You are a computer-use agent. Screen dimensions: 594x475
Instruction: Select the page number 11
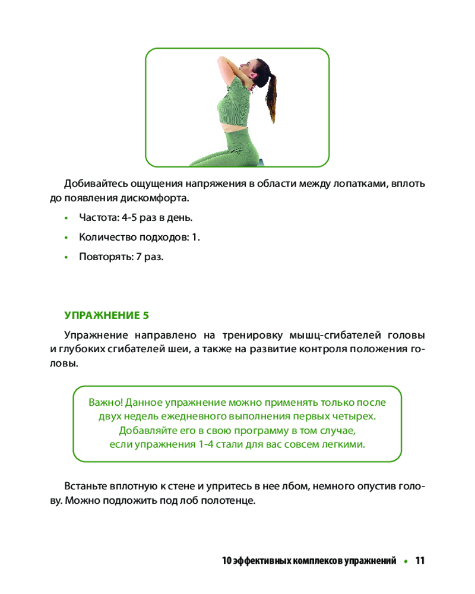(x=420, y=561)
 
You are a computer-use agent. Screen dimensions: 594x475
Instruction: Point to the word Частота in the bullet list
(x=99, y=217)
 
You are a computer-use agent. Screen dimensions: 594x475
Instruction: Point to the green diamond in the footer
(x=406, y=561)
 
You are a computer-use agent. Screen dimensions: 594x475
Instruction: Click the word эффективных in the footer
(x=260, y=561)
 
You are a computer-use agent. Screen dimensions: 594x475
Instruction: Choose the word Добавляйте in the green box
(x=145, y=430)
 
